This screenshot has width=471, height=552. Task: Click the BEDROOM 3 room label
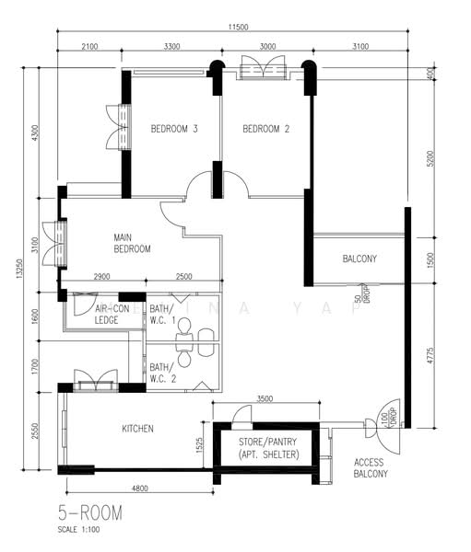pyautogui.click(x=174, y=130)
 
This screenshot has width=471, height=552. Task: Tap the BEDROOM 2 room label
pyautogui.click(x=266, y=130)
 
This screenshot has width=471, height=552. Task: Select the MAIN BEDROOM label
pyautogui.click(x=132, y=243)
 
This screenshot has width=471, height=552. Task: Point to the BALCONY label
pyautogui.click(x=359, y=259)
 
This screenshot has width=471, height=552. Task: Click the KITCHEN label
pyautogui.click(x=137, y=429)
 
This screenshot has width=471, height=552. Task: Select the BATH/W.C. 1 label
pyautogui.click(x=161, y=314)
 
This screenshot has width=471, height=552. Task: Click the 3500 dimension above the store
pyautogui.click(x=265, y=398)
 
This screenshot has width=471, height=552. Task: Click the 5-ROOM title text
pyautogui.click(x=88, y=511)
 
